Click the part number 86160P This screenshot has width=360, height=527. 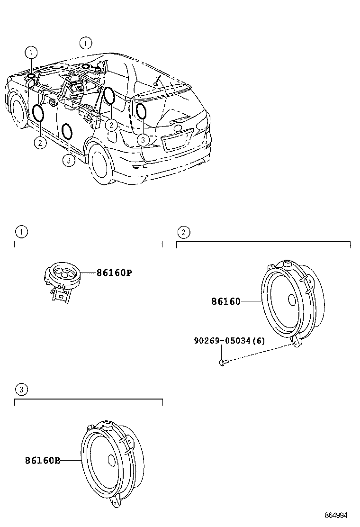coord(114,273)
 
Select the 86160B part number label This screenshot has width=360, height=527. coord(43,460)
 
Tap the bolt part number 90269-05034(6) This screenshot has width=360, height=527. coord(229,341)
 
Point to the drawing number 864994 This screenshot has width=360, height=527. coord(335,515)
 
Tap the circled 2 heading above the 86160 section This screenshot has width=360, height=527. coord(183,232)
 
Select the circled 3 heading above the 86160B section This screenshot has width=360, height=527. coord(21,390)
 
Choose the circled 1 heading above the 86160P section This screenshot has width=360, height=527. coord(21,232)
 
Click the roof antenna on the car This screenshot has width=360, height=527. coord(157,81)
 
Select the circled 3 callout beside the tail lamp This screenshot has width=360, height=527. coord(143,139)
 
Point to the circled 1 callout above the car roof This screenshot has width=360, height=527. coord(86,43)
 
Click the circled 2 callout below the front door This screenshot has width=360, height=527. coord(40,143)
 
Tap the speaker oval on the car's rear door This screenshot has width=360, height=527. coord(68,131)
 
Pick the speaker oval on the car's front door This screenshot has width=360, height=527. coord(38,113)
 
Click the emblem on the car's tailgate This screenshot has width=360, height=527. coord(177,128)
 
